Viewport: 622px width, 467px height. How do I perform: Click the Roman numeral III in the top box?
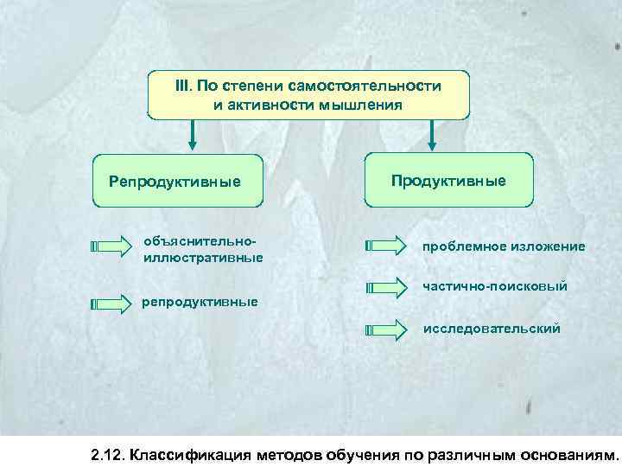pyautogui.click(x=183, y=86)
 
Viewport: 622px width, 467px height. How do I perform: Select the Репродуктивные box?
pyautogui.click(x=177, y=181)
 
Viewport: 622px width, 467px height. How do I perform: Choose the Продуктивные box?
pyautogui.click(x=448, y=180)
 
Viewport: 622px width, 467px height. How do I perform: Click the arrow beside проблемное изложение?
pyautogui.click(x=386, y=246)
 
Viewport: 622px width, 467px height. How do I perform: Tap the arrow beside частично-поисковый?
pyautogui.click(x=386, y=286)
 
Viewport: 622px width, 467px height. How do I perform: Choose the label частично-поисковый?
pyautogui.click(x=494, y=285)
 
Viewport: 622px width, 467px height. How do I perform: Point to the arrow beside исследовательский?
pyautogui.click(x=386, y=329)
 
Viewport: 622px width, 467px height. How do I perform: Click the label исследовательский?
pyautogui.click(x=491, y=329)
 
